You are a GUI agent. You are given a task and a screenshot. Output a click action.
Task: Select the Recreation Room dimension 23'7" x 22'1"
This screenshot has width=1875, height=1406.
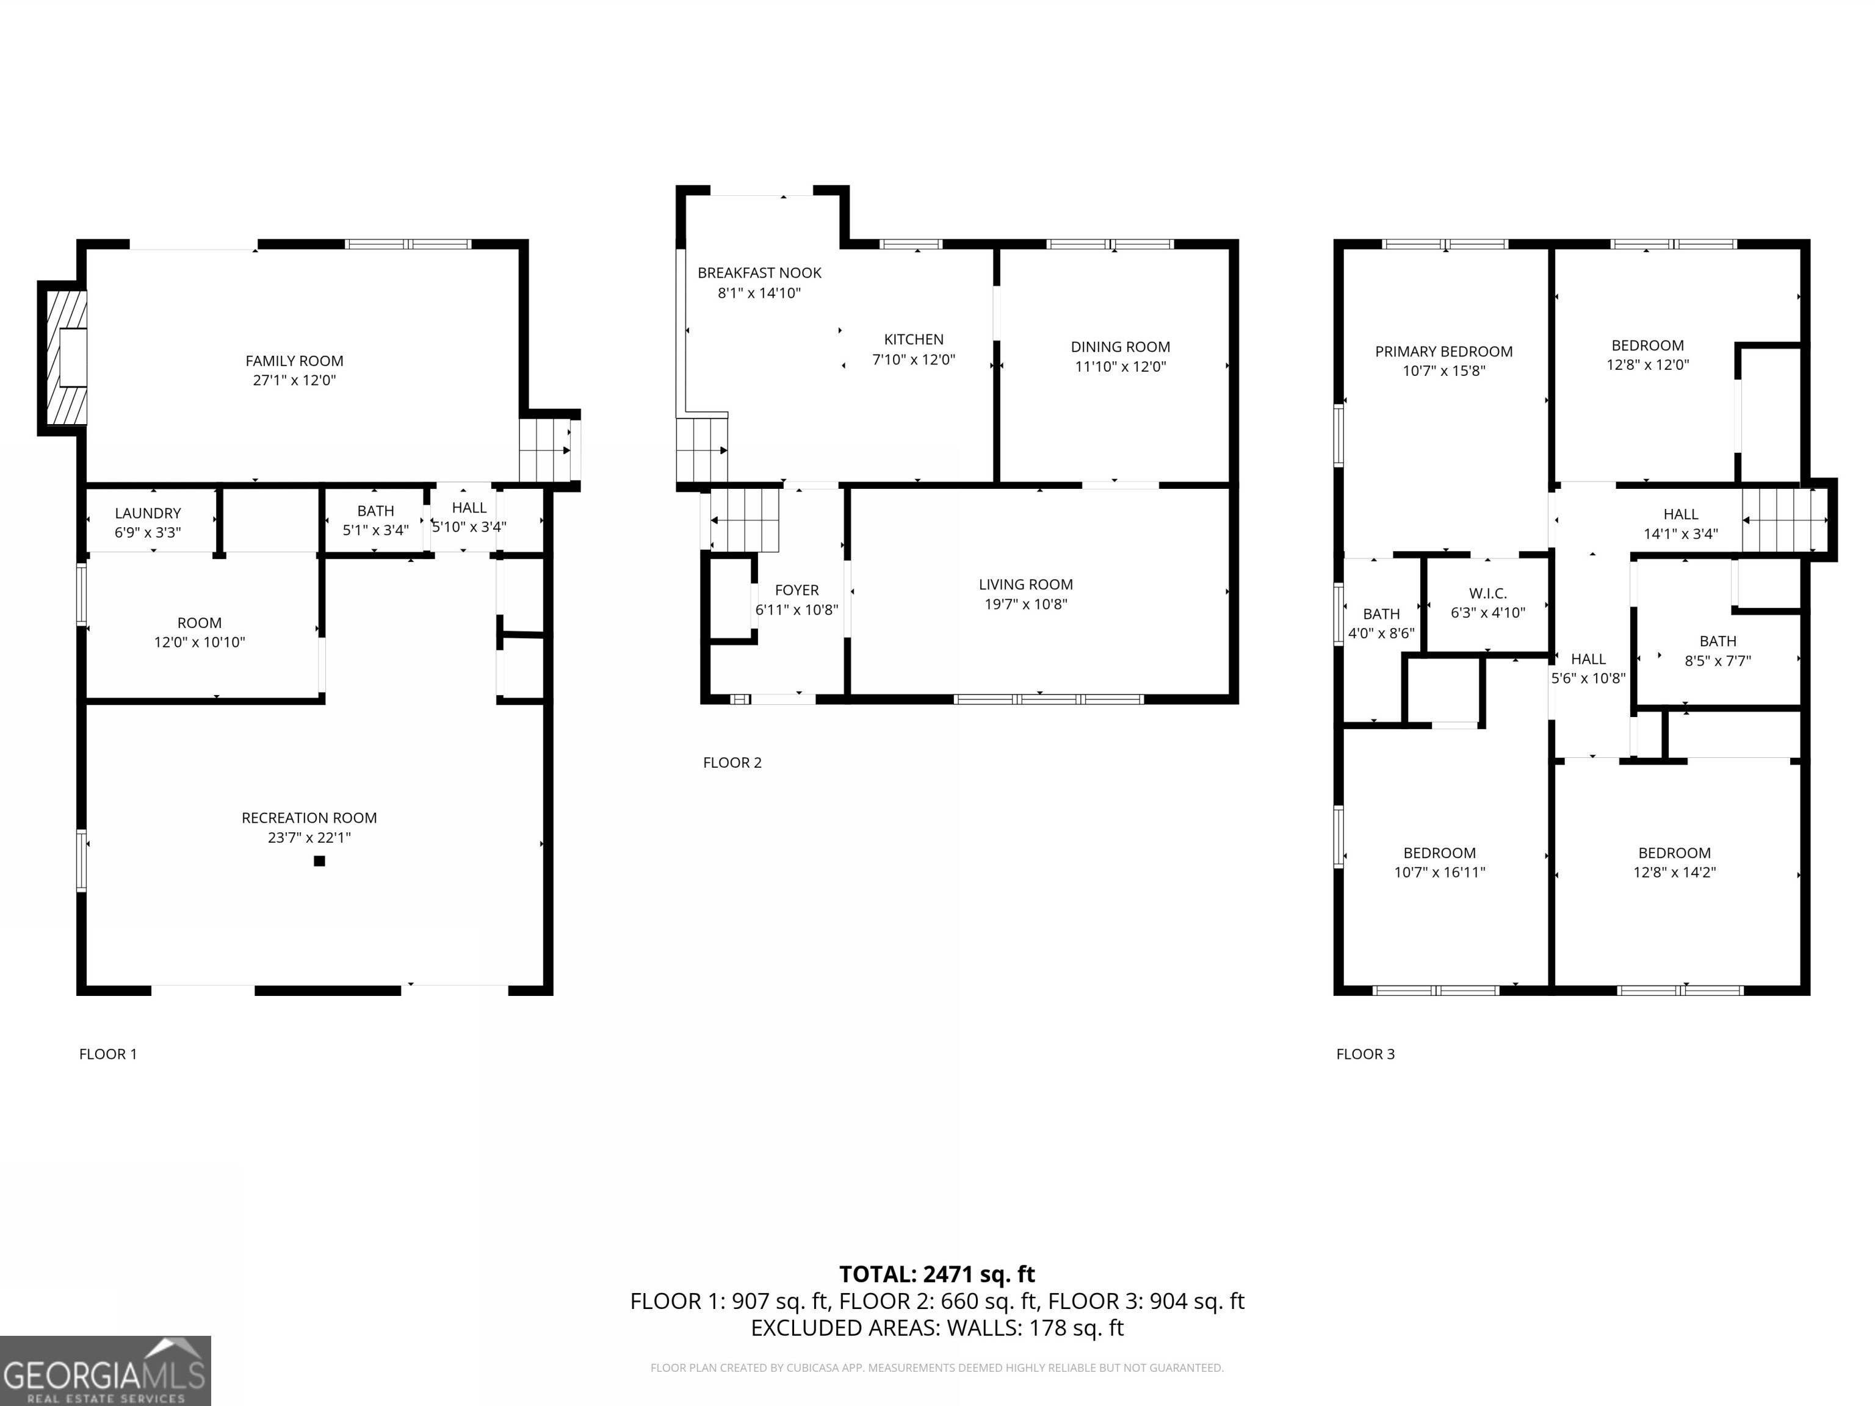pyautogui.click(x=309, y=837)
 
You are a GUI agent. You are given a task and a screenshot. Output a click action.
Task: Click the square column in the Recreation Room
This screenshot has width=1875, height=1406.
pyautogui.click(x=320, y=861)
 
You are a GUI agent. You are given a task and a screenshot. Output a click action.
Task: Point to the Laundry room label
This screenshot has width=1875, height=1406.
pyautogui.click(x=148, y=513)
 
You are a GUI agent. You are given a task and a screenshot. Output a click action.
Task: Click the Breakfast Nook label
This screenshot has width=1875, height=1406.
pyautogui.click(x=759, y=273)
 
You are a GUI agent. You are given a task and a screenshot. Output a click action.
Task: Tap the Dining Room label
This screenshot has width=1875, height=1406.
pyautogui.click(x=1120, y=347)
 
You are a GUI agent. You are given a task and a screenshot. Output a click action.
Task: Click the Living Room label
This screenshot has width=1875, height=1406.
pyautogui.click(x=1025, y=584)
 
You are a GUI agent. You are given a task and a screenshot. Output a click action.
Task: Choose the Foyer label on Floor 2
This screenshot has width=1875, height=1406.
pyautogui.click(x=796, y=590)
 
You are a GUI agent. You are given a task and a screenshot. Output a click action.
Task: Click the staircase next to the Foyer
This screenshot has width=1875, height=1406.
pyautogui.click(x=743, y=519)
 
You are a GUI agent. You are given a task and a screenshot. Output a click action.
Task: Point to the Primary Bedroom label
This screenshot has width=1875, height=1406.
pyautogui.click(x=1443, y=351)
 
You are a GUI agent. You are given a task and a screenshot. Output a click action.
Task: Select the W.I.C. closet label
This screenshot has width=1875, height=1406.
pyautogui.click(x=1487, y=593)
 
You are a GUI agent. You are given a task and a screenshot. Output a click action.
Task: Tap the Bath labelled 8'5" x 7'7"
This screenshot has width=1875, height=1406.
pyautogui.click(x=1718, y=650)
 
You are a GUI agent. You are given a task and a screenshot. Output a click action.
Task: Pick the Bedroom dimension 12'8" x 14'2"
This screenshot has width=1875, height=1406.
pyautogui.click(x=1674, y=872)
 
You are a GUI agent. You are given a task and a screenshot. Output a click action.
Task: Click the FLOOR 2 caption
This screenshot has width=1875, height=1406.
pyautogui.click(x=732, y=763)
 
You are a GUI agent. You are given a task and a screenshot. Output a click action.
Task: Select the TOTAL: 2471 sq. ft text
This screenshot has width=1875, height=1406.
pyautogui.click(x=937, y=1274)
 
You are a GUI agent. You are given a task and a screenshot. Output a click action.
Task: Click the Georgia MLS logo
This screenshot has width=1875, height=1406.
pyautogui.click(x=105, y=1371)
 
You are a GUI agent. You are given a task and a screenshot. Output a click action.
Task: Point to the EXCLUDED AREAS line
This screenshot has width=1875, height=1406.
pyautogui.click(x=937, y=1328)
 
